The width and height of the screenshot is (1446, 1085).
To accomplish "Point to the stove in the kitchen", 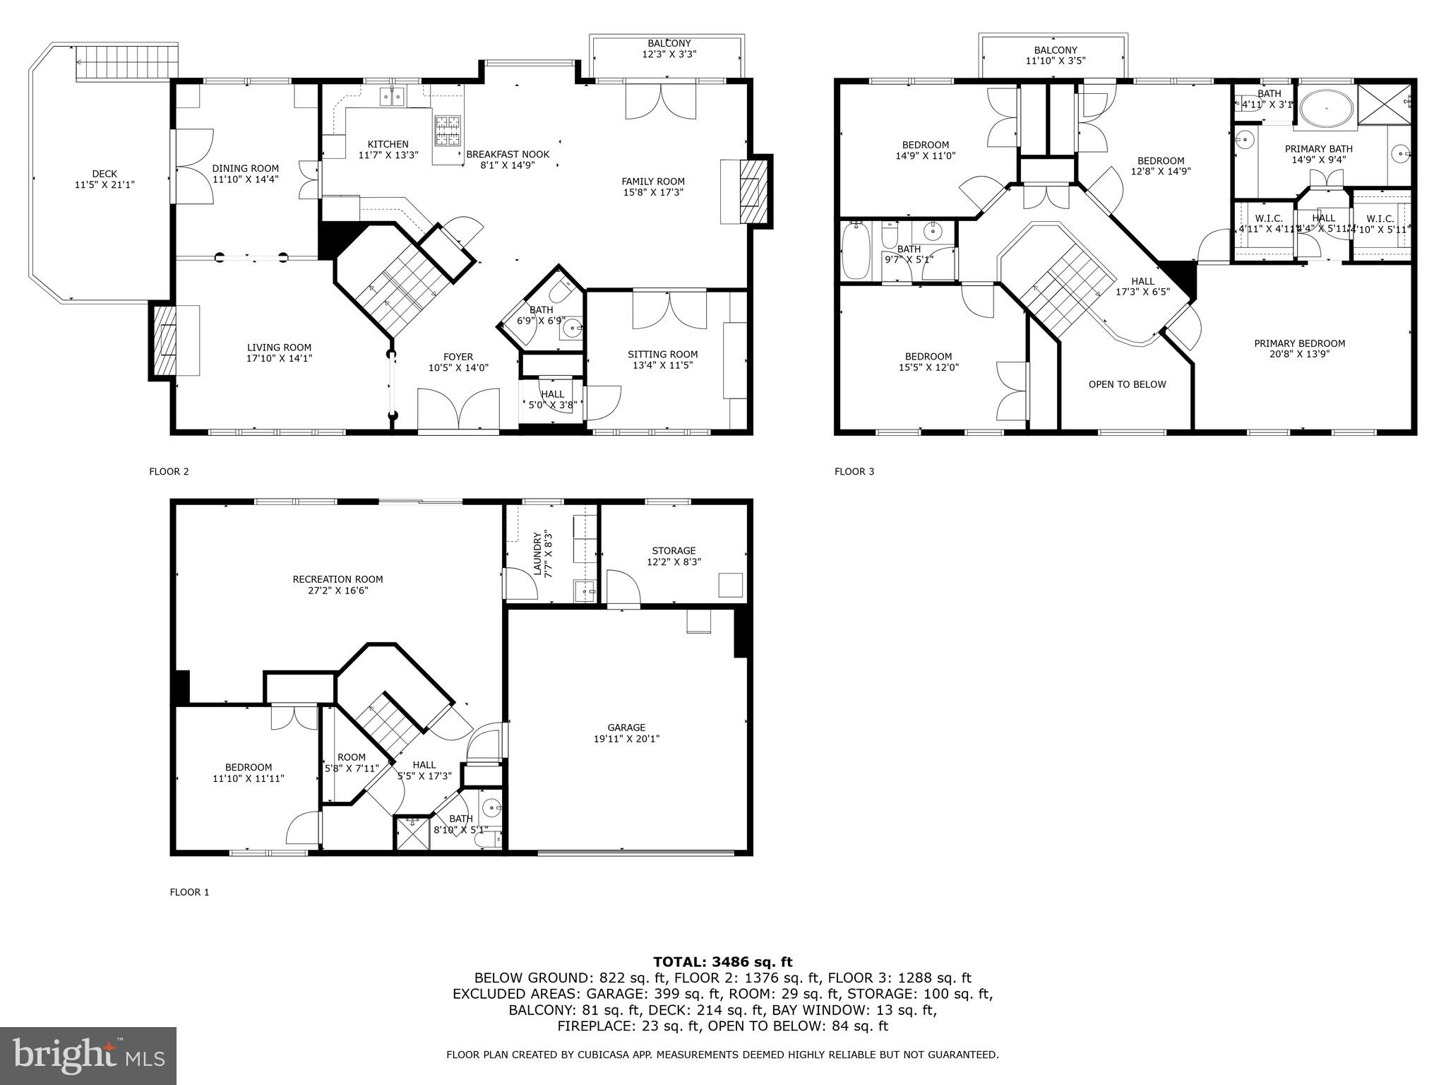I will pyautogui.click(x=447, y=131).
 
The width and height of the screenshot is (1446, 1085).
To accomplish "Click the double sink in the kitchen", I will pyautogui.click(x=392, y=96).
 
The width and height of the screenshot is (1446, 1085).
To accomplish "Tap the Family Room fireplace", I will pyautogui.click(x=751, y=191).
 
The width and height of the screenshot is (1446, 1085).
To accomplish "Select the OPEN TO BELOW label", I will pyautogui.click(x=1127, y=384).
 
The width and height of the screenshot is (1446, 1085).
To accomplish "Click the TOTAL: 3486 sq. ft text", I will pyautogui.click(x=722, y=961).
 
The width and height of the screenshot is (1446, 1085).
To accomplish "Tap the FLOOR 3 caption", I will pyautogui.click(x=854, y=471).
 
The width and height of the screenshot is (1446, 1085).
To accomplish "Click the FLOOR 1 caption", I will pyautogui.click(x=189, y=892).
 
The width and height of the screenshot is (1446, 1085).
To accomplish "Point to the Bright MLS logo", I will pyautogui.click(x=88, y=1055).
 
